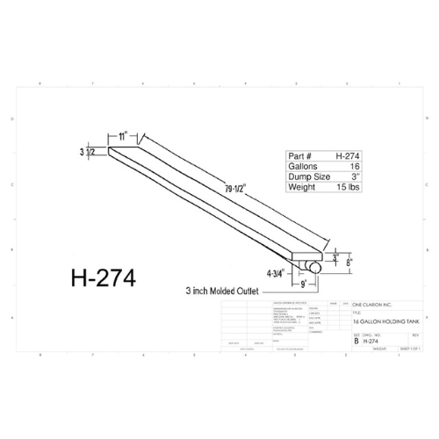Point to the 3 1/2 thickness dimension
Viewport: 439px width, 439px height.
click(91, 152)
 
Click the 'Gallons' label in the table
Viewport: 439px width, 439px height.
click(304, 164)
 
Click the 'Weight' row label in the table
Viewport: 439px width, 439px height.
click(303, 187)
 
